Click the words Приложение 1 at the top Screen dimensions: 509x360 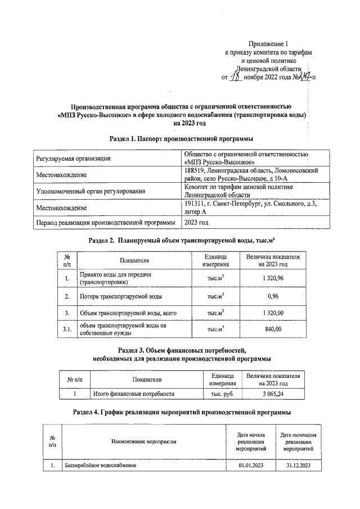268,43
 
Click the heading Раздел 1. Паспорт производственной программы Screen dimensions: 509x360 179,138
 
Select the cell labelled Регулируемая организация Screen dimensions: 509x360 73,159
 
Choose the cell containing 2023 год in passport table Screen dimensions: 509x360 196,223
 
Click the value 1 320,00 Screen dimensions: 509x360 273,313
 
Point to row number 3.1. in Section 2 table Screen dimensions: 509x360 67,329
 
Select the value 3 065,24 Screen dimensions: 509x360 273,394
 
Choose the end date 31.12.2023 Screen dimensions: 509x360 298,466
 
